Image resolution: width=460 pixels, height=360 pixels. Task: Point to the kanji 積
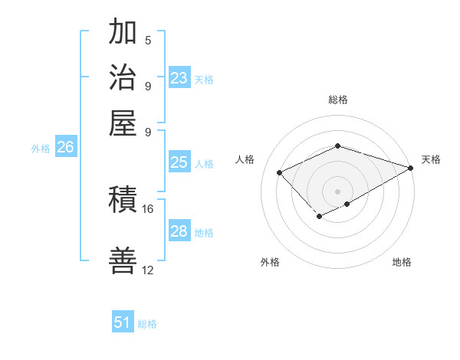(123, 201)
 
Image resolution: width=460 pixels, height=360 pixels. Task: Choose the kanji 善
(123, 260)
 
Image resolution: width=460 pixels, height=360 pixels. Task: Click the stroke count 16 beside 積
(148, 208)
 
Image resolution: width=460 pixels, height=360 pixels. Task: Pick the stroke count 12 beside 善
(148, 270)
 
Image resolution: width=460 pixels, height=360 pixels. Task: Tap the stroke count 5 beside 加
(148, 40)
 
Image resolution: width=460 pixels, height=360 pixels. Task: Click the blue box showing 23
(179, 78)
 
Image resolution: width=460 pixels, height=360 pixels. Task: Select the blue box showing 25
(179, 162)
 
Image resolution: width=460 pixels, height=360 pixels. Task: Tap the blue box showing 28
(179, 231)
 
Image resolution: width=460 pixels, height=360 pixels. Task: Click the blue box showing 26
(65, 148)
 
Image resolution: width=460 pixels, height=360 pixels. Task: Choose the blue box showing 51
(123, 322)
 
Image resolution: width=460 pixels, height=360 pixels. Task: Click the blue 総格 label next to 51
(147, 324)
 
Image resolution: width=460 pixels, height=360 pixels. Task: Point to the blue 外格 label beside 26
(41, 149)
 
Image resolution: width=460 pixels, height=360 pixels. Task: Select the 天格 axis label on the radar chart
(431, 159)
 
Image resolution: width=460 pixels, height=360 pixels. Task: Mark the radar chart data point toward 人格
(280, 172)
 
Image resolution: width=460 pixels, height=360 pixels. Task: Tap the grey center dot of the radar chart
(337, 191)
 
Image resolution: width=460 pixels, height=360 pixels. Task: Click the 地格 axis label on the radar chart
(402, 262)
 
